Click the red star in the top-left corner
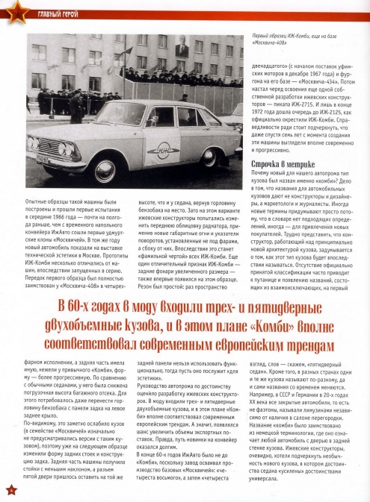pyautogui.click(x=9, y=9)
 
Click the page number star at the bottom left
pyautogui.click(x=9, y=489)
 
